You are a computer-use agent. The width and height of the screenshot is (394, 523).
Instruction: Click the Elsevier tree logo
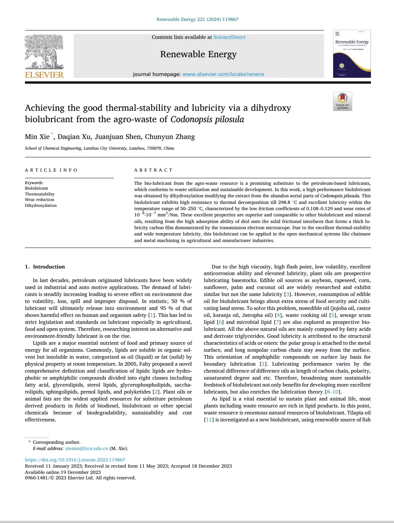click(44, 51)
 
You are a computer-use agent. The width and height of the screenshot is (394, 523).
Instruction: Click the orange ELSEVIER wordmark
click(44, 75)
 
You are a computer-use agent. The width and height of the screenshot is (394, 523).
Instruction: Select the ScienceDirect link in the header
click(229, 37)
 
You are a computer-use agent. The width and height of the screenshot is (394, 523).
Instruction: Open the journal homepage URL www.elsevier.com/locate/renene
click(223, 74)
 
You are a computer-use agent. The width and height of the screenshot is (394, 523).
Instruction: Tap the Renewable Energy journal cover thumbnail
click(352, 54)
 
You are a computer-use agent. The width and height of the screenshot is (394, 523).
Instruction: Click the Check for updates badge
click(342, 101)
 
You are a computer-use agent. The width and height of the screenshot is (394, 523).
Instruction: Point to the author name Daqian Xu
click(74, 137)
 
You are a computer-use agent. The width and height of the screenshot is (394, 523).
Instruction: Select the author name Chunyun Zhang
click(170, 137)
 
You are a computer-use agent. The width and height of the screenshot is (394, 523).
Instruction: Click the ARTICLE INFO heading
click(51, 170)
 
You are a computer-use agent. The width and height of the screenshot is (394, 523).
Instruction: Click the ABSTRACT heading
click(153, 170)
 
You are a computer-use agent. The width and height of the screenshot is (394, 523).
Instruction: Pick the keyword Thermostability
click(40, 194)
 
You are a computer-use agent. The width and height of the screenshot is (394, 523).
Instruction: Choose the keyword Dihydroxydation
click(41, 205)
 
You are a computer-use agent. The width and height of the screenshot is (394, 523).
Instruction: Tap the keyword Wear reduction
click(40, 200)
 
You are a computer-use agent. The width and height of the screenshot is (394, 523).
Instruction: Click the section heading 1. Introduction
click(45, 267)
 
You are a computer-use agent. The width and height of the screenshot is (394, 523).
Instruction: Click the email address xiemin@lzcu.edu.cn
click(86, 448)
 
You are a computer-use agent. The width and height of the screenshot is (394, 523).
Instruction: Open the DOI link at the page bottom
click(75, 460)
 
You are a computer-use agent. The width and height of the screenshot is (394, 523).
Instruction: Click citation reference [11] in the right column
click(209, 420)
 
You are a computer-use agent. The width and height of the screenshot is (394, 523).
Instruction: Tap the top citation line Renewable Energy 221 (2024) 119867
click(197, 19)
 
